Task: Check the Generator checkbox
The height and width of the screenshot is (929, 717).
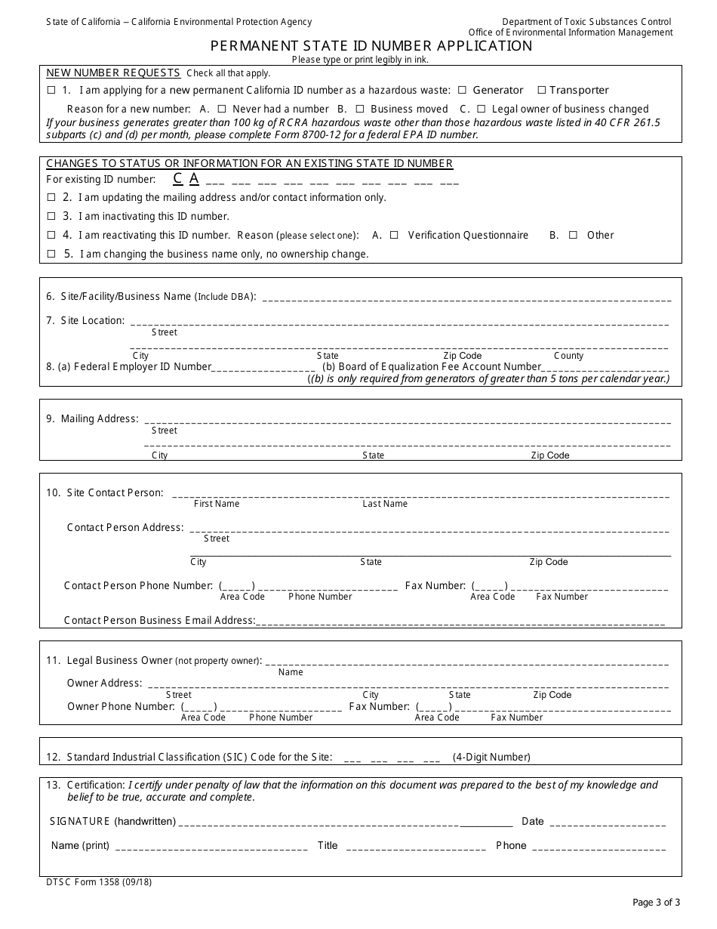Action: [x=462, y=90]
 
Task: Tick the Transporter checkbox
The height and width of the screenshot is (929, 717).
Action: [x=541, y=90]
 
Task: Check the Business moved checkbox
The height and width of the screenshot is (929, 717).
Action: [x=360, y=109]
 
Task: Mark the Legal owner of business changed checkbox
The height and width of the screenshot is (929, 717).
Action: [x=482, y=109]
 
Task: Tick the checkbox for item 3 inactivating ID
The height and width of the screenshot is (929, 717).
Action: [x=51, y=216]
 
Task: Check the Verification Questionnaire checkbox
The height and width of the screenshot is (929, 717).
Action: [x=394, y=235]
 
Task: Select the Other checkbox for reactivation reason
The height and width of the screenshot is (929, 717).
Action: [x=573, y=235]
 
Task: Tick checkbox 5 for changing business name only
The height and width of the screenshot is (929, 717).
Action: [x=51, y=254]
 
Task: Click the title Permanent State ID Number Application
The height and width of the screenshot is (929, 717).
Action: [x=371, y=45]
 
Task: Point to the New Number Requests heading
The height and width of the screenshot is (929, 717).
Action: [x=113, y=73]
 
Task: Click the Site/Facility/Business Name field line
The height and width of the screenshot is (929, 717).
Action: [x=465, y=298]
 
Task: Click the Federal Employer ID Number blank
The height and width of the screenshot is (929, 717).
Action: [x=264, y=368]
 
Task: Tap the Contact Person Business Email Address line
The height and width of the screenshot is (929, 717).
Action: [x=460, y=622]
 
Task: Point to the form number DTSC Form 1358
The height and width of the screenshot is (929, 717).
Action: [x=99, y=881]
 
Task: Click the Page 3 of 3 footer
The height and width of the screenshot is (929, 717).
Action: [x=656, y=901]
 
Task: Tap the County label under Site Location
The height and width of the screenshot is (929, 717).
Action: [x=568, y=356]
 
